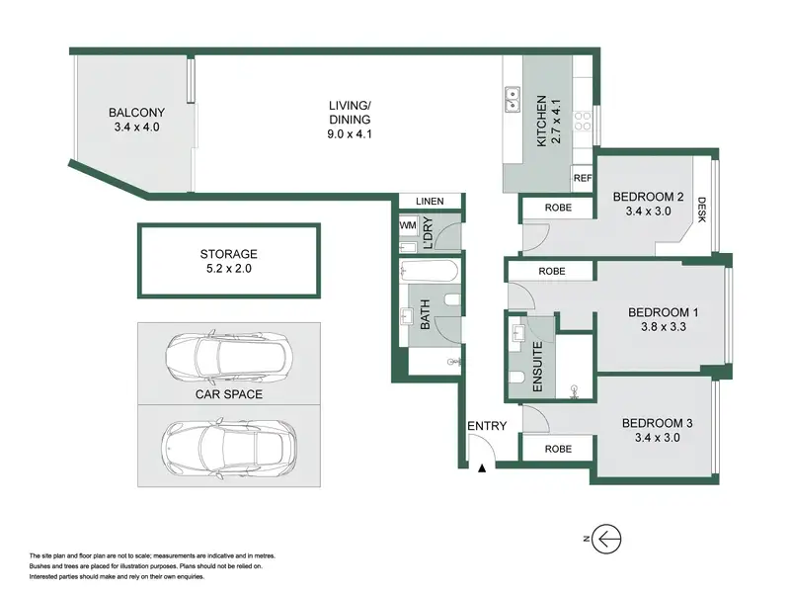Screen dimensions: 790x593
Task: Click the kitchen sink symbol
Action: click(x=513, y=99)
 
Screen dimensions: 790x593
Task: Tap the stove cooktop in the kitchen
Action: click(x=583, y=121)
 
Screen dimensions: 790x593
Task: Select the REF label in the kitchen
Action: click(x=583, y=178)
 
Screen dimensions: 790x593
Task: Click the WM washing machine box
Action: click(x=408, y=225)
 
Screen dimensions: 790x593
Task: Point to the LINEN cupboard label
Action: click(x=430, y=202)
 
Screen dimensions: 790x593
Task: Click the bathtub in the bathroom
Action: click(x=429, y=271)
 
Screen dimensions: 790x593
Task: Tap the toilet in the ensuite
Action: click(x=516, y=378)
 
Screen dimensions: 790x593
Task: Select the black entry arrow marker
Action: click(x=482, y=468)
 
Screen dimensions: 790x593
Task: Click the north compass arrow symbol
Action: click(x=606, y=539)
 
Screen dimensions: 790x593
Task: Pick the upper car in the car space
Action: click(x=229, y=357)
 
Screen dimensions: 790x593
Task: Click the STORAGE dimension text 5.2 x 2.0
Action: click(x=229, y=268)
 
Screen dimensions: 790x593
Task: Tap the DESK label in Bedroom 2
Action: click(x=702, y=210)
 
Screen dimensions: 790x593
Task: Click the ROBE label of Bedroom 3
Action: click(x=558, y=449)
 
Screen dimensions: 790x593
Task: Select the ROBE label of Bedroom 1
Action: click(x=552, y=271)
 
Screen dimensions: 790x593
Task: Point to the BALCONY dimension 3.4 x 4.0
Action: click(x=136, y=127)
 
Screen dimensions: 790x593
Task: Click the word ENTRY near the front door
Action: click(x=487, y=426)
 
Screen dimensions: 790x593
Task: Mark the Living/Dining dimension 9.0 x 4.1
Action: click(x=350, y=134)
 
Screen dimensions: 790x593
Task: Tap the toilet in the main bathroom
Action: click(x=453, y=300)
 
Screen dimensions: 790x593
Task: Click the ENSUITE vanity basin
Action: click(x=517, y=332)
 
